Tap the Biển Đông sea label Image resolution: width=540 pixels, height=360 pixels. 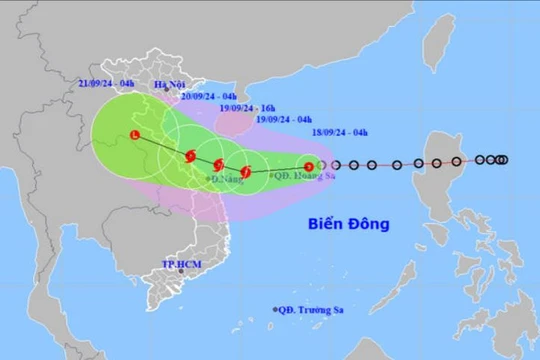[x=348, y=224]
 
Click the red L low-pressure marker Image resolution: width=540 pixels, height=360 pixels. [x=135, y=135]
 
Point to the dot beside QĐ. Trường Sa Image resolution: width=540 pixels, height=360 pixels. [x=274, y=311]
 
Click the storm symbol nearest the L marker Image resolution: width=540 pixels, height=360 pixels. [x=190, y=155]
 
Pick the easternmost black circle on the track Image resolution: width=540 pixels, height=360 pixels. [x=503, y=159]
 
